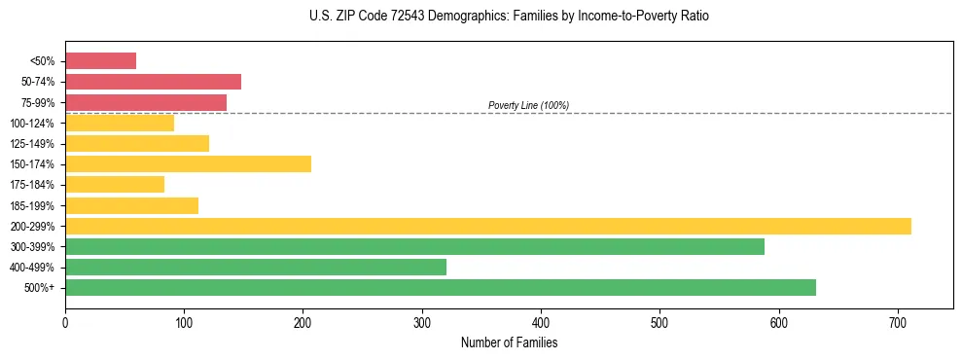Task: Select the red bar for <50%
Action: point(100,60)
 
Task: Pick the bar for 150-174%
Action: point(188,163)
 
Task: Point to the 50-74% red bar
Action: point(153,82)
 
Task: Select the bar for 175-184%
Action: point(114,184)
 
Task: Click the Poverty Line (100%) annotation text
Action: point(528,105)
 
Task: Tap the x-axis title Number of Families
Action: point(509,343)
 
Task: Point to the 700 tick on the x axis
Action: point(898,321)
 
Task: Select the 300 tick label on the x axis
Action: point(422,321)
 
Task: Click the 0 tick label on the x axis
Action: point(65,321)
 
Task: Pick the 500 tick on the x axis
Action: point(659,321)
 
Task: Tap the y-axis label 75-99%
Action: point(38,102)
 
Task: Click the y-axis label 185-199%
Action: point(35,205)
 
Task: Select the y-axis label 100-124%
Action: point(35,123)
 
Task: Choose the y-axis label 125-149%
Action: point(35,143)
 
